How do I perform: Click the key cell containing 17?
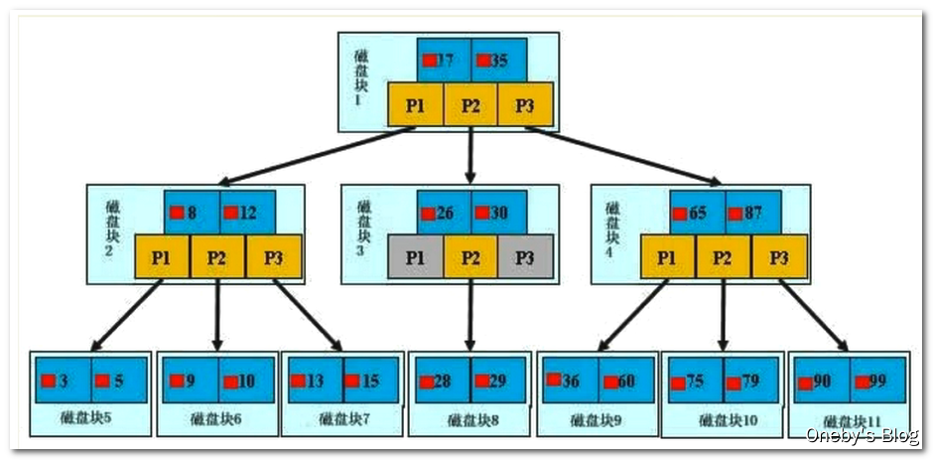tap(444, 61)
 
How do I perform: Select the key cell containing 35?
tap(498, 61)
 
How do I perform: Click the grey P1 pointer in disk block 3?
tap(416, 258)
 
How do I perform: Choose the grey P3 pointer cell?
tap(525, 258)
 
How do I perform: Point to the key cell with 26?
tap(443, 213)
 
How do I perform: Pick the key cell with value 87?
tap(751, 213)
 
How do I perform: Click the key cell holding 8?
tap(191, 212)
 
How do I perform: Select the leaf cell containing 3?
tap(63, 380)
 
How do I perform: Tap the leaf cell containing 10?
tap(244, 381)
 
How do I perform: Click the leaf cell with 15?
tap(369, 381)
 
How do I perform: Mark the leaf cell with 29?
tap(497, 381)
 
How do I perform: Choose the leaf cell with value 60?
tap(624, 380)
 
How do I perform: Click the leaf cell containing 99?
tap(876, 381)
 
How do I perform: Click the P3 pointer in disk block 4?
tap(779, 258)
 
